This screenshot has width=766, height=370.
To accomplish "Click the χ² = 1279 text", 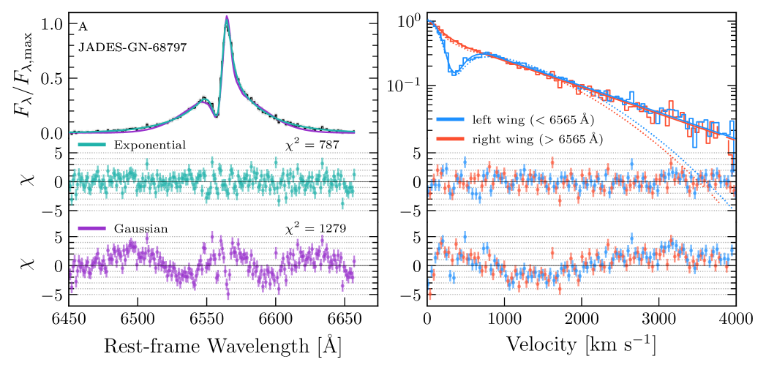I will pos(315,229).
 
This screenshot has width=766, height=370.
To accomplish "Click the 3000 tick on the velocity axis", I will pos(658,320).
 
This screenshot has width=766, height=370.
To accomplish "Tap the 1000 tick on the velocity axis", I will pos(504,320).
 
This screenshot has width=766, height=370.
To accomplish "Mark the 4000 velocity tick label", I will pos(735,320).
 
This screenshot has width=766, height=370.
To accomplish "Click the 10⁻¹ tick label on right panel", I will pos(404,86).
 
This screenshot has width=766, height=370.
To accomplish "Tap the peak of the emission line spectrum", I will pos(227,17).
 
